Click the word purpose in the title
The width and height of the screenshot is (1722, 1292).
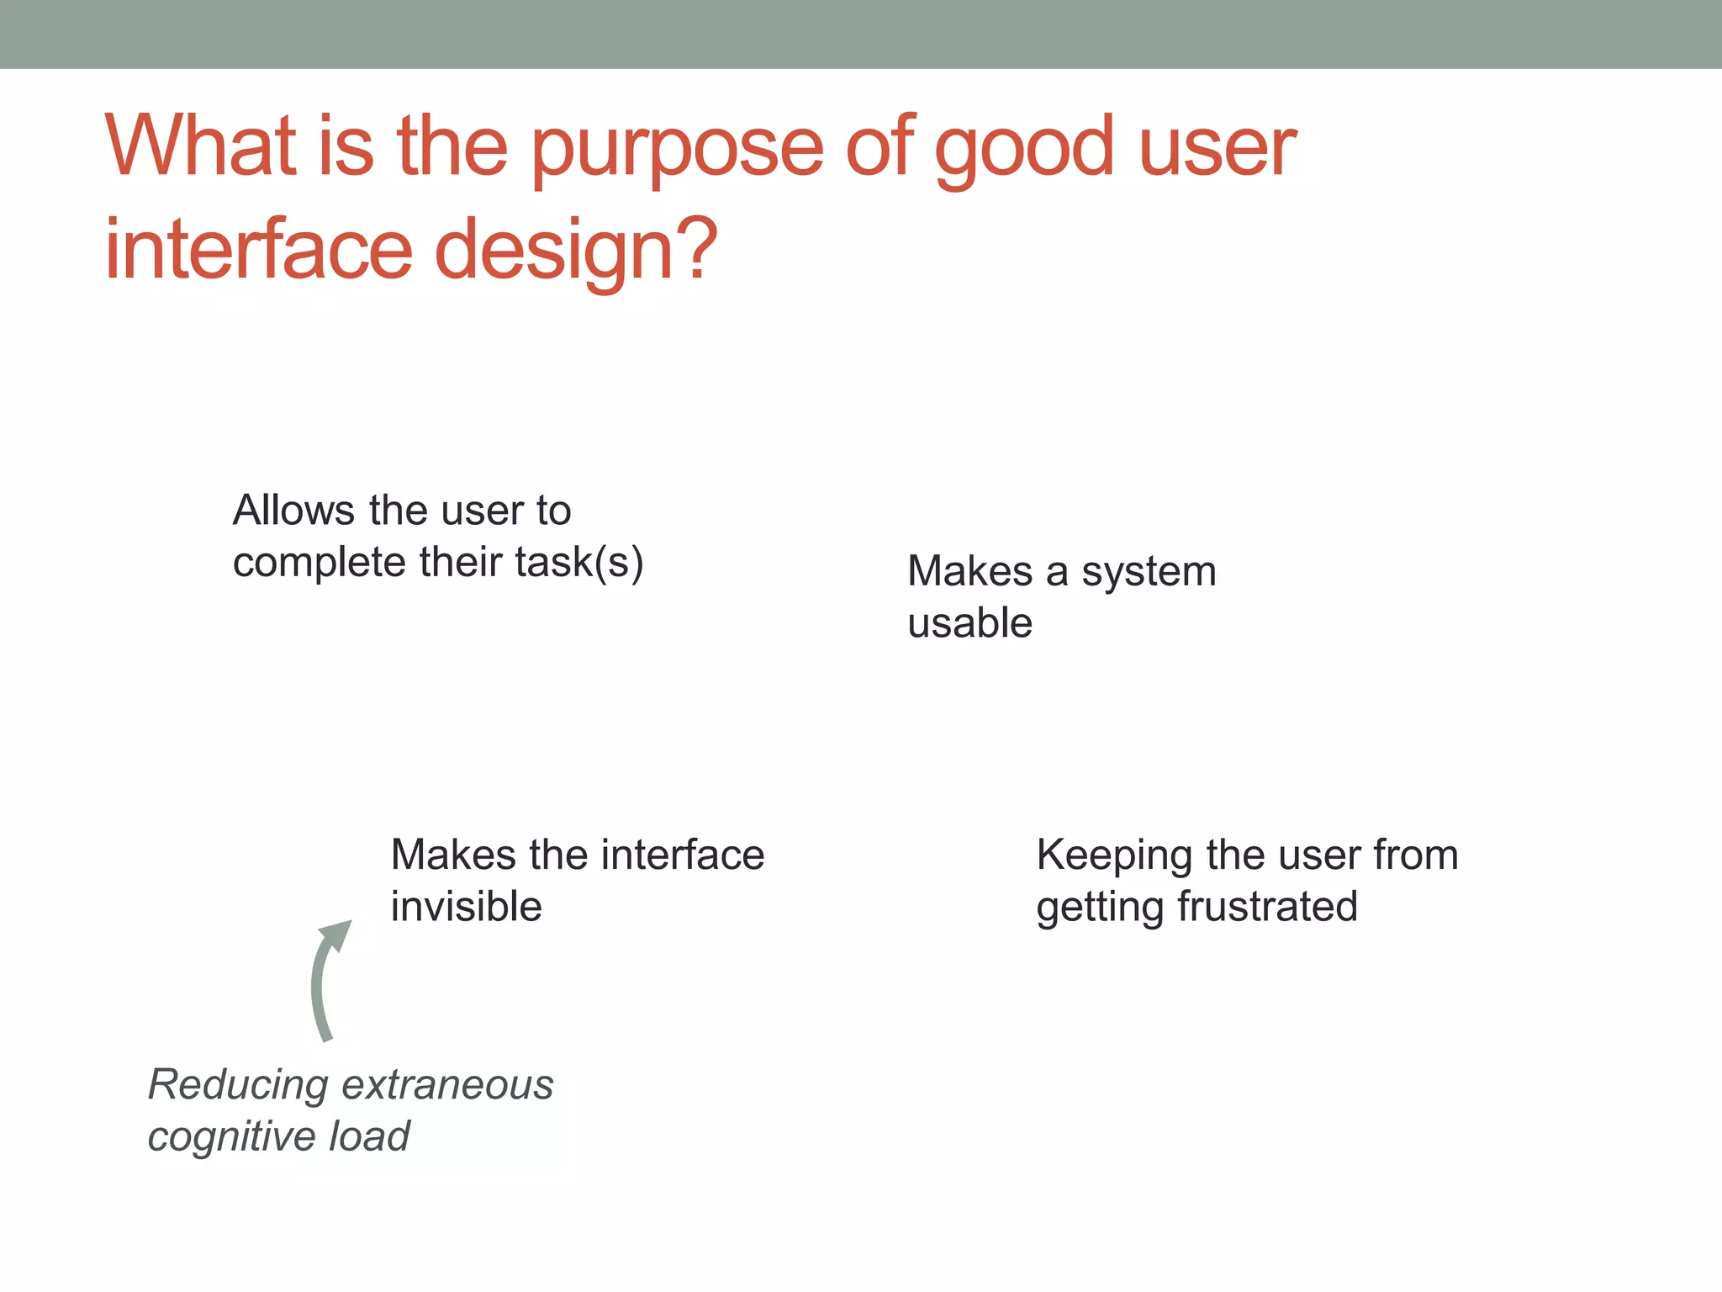click(678, 150)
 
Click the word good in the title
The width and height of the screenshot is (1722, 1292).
click(1024, 150)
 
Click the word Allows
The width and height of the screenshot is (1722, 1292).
click(293, 511)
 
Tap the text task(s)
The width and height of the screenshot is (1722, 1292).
click(579, 562)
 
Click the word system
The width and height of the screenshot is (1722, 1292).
click(1149, 573)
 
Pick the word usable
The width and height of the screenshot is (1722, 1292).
click(969, 623)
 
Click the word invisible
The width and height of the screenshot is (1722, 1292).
click(466, 907)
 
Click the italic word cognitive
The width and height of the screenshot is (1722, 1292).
click(232, 1137)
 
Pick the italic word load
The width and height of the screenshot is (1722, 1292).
click(369, 1136)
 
